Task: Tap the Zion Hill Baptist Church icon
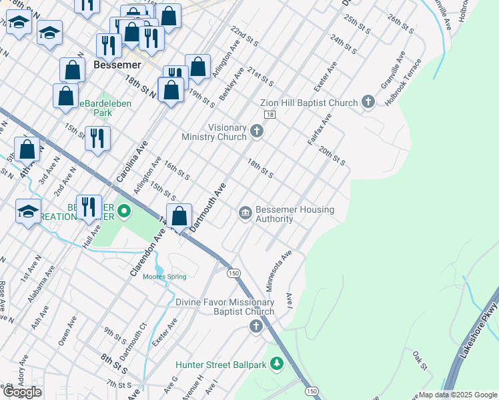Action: pos(367,103)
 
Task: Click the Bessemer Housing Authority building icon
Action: pos(245,213)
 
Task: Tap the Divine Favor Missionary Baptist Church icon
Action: pos(256,326)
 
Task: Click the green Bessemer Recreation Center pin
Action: pos(124,213)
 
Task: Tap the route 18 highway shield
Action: pos(269,115)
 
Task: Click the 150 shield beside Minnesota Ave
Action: pos(233,273)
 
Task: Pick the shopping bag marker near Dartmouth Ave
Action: pos(179,217)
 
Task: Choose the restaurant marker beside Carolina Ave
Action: pos(97,138)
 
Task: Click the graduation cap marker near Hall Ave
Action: pos(29,211)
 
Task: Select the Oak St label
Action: pos(419,358)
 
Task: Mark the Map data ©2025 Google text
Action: pos(458,395)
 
